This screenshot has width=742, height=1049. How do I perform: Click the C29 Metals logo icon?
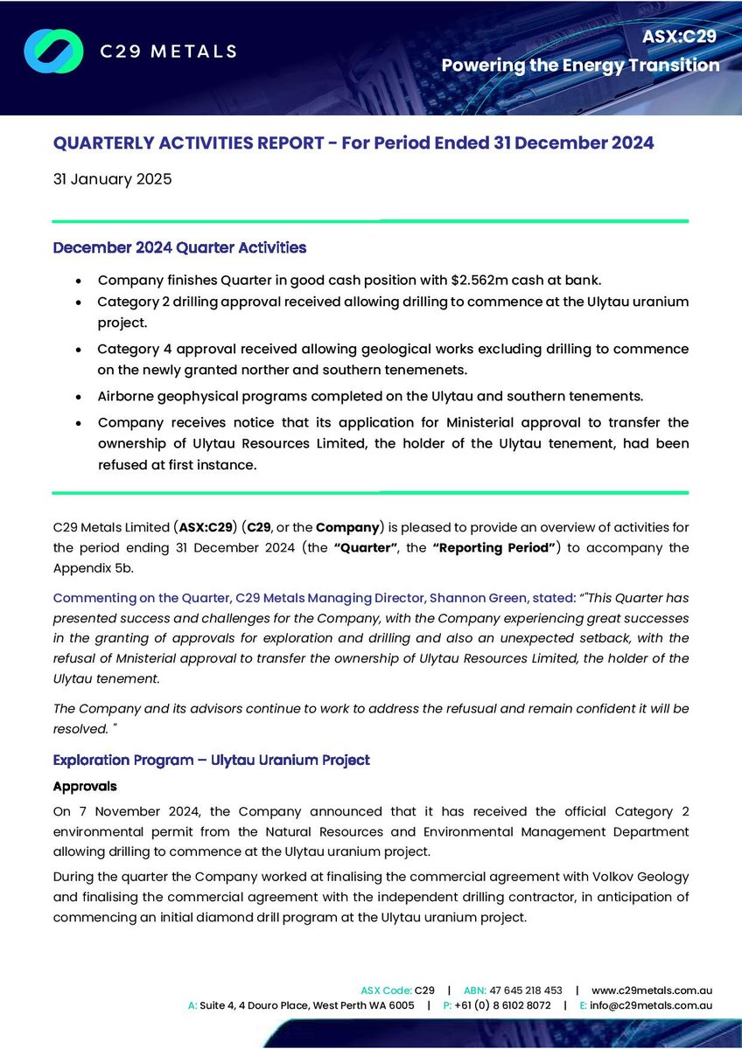(x=52, y=51)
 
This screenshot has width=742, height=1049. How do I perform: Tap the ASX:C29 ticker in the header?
(x=680, y=37)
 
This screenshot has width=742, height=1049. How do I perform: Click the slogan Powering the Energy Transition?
(x=580, y=66)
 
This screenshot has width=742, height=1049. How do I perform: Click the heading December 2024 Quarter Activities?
(x=179, y=247)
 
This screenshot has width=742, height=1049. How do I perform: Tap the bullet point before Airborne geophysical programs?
(x=80, y=395)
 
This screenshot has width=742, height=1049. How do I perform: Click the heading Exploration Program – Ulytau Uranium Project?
(x=212, y=760)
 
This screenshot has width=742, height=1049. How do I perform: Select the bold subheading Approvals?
(x=85, y=786)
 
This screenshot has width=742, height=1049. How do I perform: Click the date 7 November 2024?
(x=136, y=809)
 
